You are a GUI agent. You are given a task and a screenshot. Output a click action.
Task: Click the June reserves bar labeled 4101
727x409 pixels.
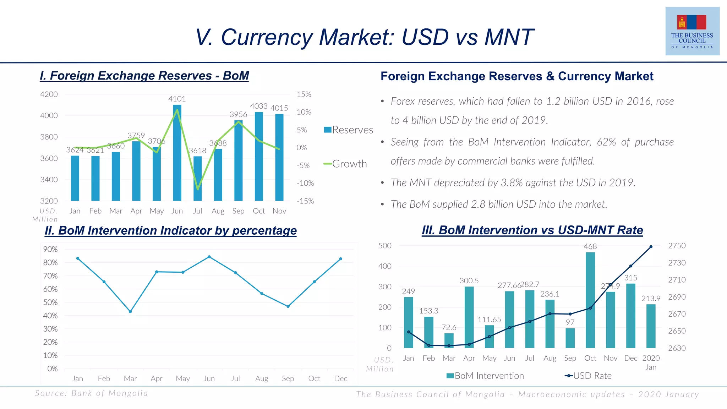click(x=177, y=153)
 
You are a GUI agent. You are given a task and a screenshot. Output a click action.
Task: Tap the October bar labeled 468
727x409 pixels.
click(x=590, y=300)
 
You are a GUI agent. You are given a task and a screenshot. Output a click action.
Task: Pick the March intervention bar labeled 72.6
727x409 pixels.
click(x=449, y=340)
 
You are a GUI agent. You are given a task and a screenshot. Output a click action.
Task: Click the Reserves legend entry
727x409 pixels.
click(x=348, y=130)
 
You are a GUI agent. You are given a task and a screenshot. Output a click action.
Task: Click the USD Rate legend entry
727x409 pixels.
click(x=588, y=376)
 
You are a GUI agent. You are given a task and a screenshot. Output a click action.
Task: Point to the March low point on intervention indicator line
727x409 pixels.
click(x=130, y=312)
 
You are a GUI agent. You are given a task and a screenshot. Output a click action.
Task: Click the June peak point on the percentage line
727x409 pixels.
click(x=209, y=257)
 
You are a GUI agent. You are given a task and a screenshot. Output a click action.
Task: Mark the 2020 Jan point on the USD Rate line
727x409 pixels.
click(x=651, y=247)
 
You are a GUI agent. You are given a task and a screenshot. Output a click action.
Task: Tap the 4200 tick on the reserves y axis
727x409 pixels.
click(x=49, y=94)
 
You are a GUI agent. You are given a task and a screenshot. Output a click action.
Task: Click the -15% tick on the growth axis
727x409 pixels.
click(x=305, y=201)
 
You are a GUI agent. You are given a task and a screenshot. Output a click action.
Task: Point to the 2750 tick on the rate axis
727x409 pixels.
click(x=677, y=246)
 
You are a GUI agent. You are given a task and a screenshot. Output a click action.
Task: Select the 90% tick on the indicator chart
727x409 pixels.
click(x=50, y=249)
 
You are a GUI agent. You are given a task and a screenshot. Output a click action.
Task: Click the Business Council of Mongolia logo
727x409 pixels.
click(x=692, y=31)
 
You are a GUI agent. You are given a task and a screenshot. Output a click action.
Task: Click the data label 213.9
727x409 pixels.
click(x=650, y=299)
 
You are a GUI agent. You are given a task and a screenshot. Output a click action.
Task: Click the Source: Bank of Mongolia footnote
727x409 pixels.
click(x=92, y=393)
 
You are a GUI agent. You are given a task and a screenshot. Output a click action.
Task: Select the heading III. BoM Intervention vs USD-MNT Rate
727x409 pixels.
click(x=532, y=230)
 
